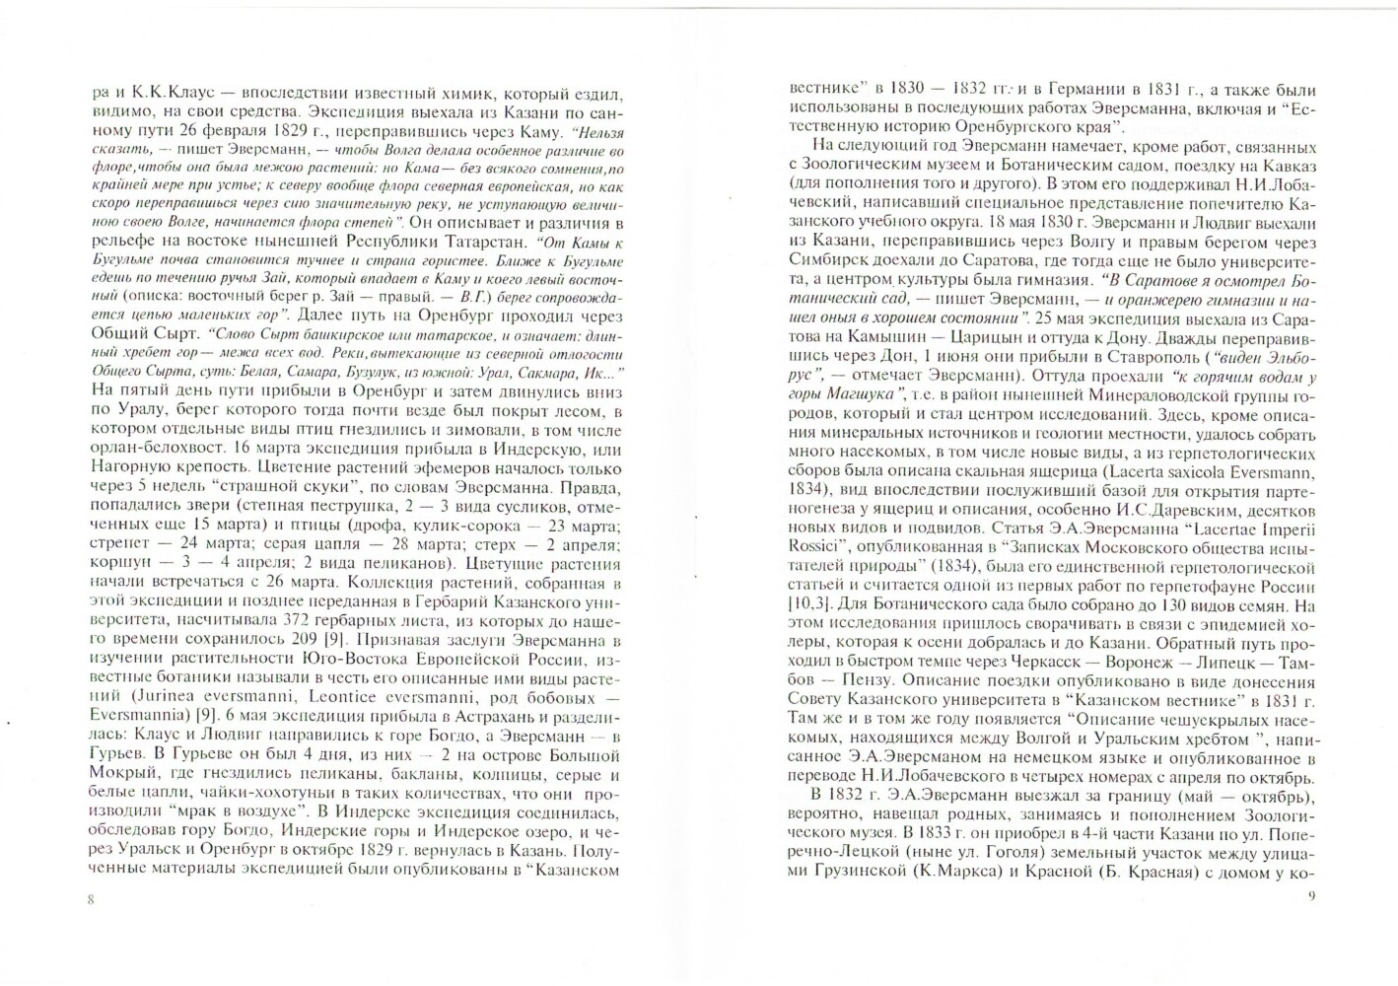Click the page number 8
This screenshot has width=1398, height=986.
91,899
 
